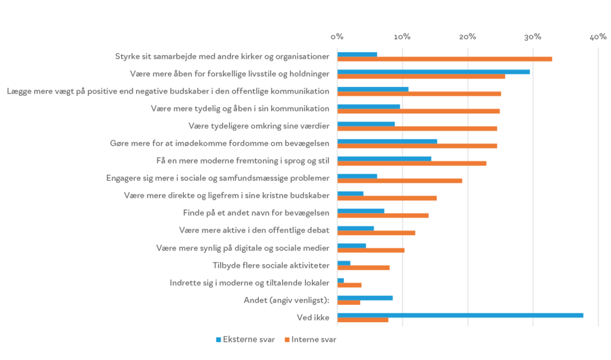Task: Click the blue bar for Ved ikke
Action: coord(460,315)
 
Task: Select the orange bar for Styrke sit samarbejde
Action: coord(444,59)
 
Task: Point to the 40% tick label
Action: coord(598,37)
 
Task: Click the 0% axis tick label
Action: coord(337,37)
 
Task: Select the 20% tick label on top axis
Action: coord(467,37)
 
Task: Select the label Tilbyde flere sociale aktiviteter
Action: coord(271,265)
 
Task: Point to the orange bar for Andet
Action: coord(349,302)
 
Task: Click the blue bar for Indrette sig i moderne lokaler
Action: coord(340,280)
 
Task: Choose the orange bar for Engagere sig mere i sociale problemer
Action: coord(400,180)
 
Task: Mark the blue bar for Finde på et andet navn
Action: coord(361,211)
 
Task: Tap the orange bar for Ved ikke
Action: coord(362,320)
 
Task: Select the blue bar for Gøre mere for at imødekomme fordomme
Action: coord(387,141)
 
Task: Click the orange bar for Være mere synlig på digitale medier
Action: coord(371,250)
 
